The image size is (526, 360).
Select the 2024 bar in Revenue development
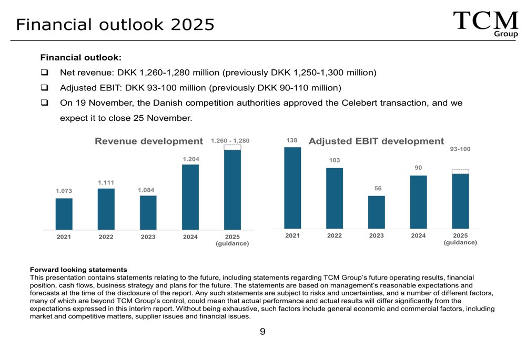(x=190, y=197)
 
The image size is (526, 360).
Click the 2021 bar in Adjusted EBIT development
(x=292, y=188)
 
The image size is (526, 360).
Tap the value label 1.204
(x=190, y=159)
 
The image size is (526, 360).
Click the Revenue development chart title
(x=148, y=141)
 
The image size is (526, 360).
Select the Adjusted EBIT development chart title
(x=376, y=141)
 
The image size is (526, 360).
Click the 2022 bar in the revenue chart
(x=106, y=209)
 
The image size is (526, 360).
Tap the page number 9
(x=262, y=332)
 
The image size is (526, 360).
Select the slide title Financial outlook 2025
(x=115, y=24)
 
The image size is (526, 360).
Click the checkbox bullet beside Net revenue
(x=45, y=72)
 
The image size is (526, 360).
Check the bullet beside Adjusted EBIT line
(x=45, y=87)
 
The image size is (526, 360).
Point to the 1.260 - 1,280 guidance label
(x=230, y=141)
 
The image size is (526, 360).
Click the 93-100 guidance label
(x=460, y=150)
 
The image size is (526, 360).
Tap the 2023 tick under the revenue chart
(x=148, y=237)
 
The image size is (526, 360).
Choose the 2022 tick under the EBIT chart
(x=334, y=235)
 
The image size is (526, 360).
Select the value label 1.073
(x=64, y=191)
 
